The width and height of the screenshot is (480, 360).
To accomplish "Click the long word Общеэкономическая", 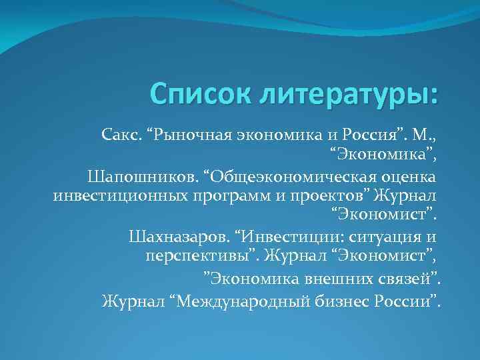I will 293,176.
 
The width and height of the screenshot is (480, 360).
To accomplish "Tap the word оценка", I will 412,176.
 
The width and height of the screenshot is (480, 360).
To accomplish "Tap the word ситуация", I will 379,236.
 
